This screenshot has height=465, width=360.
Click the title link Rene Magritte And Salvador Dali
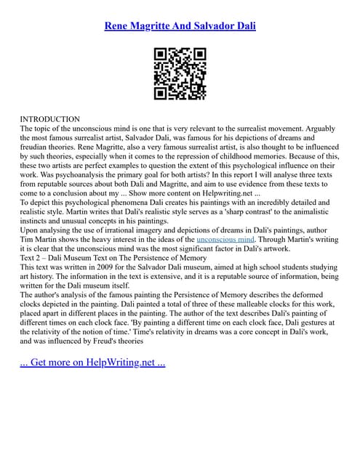pyautogui.click(x=180, y=26)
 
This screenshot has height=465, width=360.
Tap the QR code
pyautogui.click(x=180, y=73)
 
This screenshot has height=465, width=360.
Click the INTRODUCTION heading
pyautogui.click(x=50, y=118)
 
